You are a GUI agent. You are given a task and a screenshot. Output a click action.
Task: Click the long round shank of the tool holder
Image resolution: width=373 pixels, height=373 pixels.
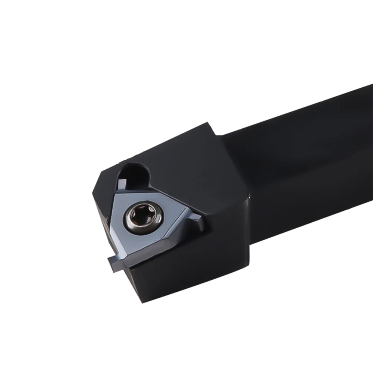pos(298,142)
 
